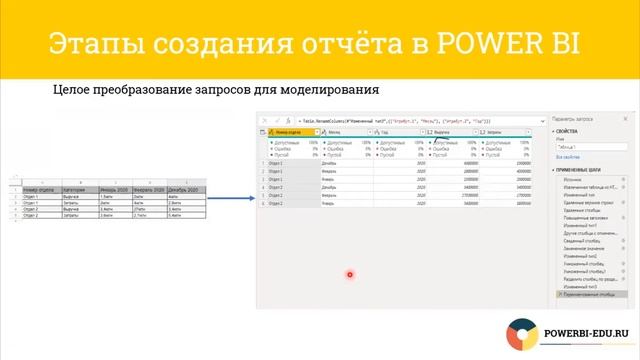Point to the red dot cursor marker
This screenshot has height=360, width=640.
(x=350, y=275)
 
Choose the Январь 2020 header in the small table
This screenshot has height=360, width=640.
(x=114, y=189)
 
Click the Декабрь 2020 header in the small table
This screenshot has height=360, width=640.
(x=186, y=189)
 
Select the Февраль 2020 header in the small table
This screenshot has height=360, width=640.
(x=150, y=189)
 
